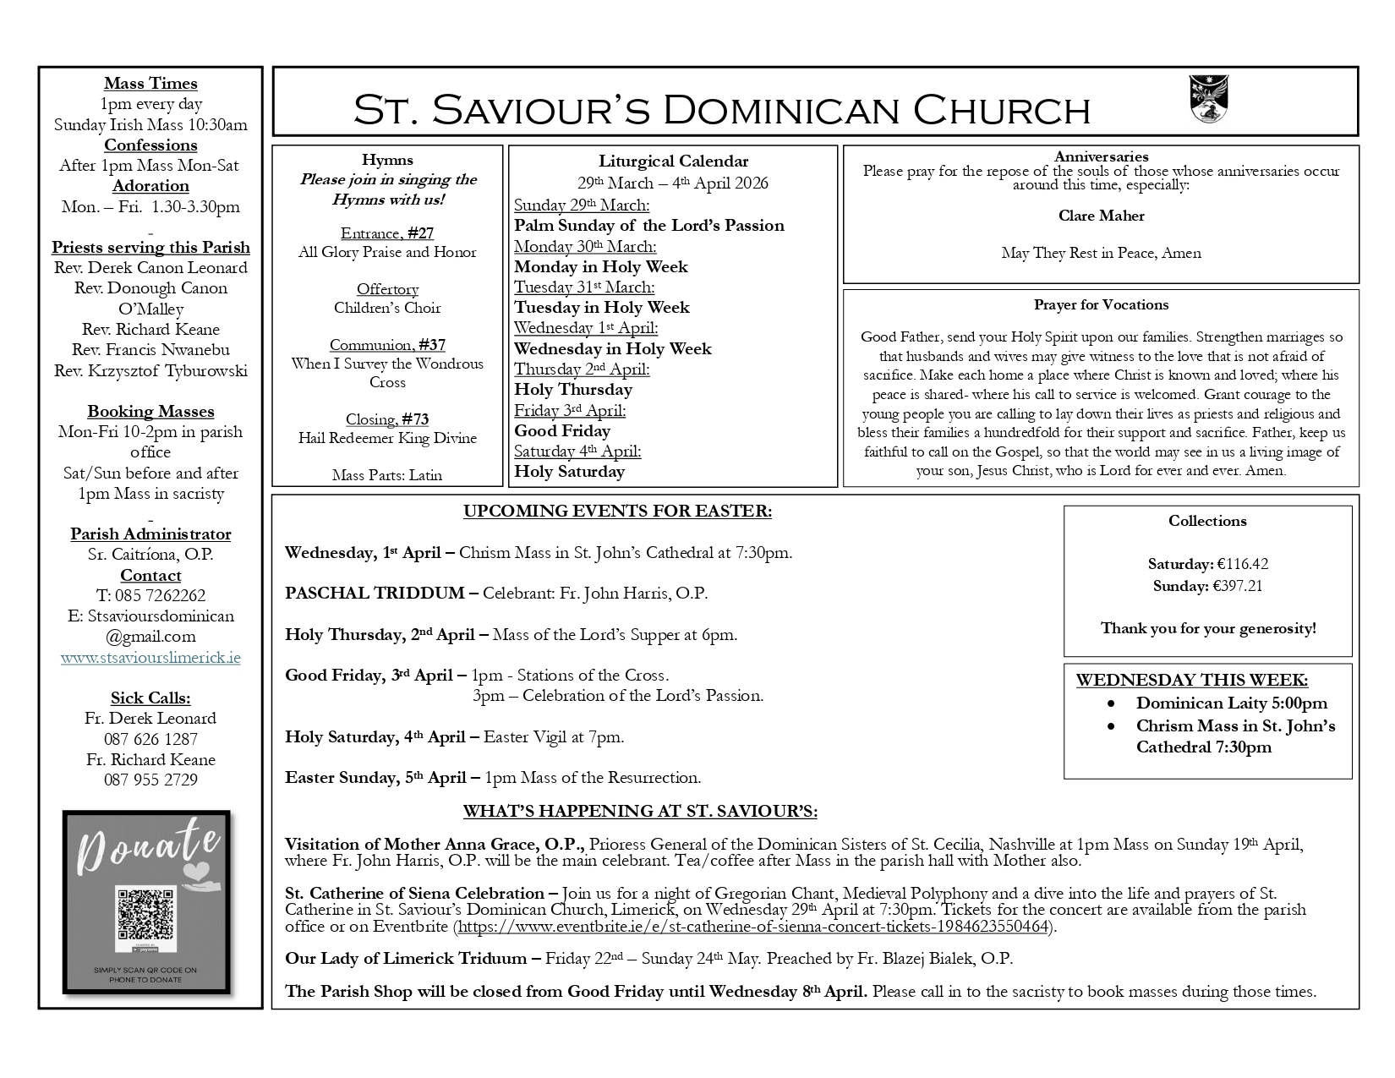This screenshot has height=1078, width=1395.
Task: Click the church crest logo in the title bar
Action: click(1208, 99)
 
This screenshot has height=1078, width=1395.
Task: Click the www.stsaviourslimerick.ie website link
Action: click(150, 657)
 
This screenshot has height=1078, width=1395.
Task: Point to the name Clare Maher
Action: click(1101, 216)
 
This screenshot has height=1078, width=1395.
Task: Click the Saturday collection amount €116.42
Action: click(1242, 564)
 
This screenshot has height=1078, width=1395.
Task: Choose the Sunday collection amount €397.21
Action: click(1239, 586)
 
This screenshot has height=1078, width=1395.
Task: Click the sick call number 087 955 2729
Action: click(150, 780)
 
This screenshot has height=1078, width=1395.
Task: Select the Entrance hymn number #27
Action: click(420, 233)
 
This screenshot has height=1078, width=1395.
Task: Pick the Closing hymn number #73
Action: click(415, 419)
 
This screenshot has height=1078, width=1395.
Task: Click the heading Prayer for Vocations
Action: click(1101, 304)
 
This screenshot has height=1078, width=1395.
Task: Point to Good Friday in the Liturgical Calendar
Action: click(562, 430)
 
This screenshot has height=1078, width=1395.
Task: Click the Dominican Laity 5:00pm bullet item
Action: click(1231, 703)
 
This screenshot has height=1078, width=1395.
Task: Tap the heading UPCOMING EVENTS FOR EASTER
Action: click(617, 511)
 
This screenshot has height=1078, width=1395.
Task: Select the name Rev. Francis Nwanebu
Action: click(150, 349)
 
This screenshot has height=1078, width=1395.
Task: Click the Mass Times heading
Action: click(150, 83)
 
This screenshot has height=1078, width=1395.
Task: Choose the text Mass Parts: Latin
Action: click(387, 475)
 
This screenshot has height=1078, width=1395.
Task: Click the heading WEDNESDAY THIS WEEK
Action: click(1191, 680)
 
